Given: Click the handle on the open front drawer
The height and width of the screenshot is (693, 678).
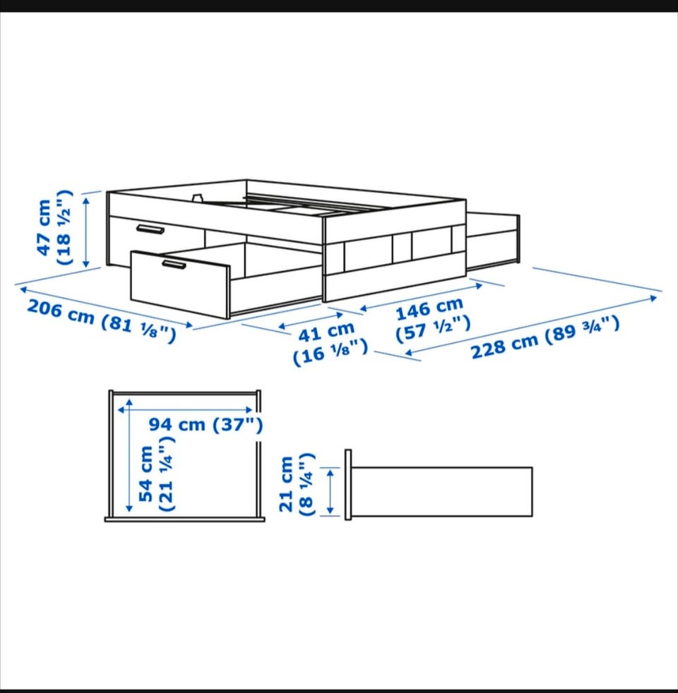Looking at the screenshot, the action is tap(173, 265).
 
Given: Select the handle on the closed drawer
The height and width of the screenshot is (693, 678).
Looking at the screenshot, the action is tap(150, 229).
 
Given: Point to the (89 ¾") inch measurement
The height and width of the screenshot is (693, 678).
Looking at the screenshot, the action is tap(582, 329).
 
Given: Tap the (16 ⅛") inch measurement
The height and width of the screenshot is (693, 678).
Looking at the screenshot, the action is tap(331, 352).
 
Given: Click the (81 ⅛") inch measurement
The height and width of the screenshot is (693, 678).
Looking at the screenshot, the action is tap(138, 330).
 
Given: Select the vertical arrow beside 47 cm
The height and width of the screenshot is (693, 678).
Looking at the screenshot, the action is tap(86, 232).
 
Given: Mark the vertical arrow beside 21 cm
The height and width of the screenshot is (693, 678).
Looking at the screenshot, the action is tap(330, 492).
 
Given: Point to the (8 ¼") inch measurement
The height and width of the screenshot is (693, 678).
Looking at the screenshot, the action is tap(306, 484).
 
